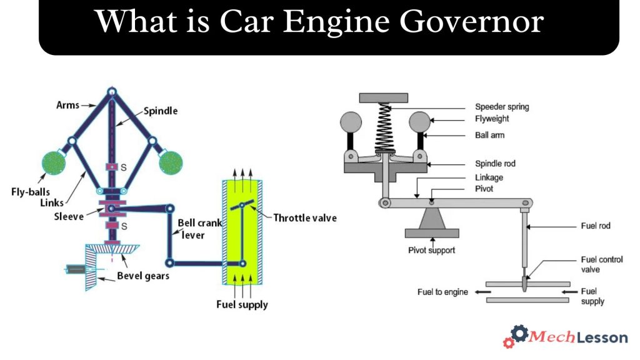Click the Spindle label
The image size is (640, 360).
161,111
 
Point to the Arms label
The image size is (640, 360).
68,105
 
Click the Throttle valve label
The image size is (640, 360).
305,218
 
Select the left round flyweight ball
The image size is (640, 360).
351,121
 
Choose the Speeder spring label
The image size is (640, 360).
501,107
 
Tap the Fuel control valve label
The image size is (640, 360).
602,264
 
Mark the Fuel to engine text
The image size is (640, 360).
442,292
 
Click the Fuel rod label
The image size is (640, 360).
595,226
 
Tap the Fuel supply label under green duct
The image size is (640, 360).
242,305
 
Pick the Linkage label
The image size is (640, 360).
489,177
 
